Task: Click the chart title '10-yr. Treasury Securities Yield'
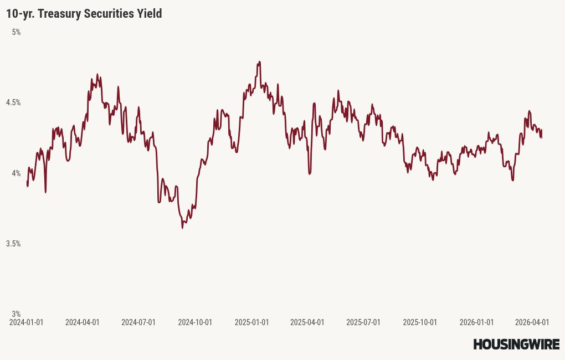(84, 14)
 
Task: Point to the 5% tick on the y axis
(16, 32)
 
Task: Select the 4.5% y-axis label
(13, 102)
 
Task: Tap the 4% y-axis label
(16, 173)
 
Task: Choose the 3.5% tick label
(13, 244)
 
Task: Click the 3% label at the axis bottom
(16, 314)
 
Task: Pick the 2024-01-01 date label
(27, 322)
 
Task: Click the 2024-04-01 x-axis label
(83, 322)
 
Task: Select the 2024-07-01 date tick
(138, 322)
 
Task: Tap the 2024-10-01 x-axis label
(195, 322)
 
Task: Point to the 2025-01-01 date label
(251, 322)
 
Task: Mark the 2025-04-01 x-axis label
(307, 322)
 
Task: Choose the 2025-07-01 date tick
(363, 322)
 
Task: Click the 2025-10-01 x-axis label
(420, 322)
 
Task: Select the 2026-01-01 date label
(476, 322)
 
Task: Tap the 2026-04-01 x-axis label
(532, 322)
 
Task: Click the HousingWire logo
(516, 344)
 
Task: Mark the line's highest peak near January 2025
(259, 62)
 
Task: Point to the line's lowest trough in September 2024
(182, 228)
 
